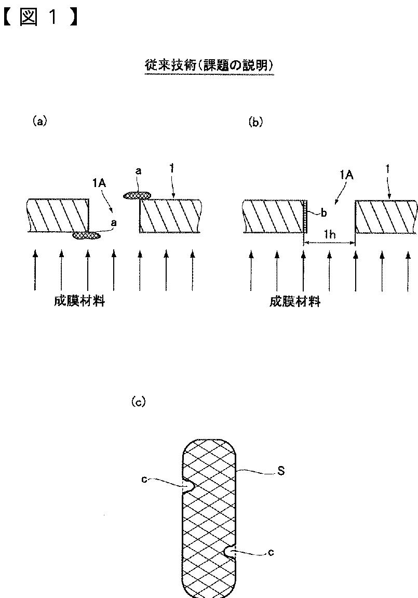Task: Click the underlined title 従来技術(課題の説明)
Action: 209,65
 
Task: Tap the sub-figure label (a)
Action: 39,121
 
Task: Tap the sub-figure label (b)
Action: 255,123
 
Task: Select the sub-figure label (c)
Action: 138,402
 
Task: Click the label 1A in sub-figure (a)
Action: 99,183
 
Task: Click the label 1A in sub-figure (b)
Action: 347,175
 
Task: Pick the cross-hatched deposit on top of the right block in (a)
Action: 137,195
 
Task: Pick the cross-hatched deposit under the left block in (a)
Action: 87,236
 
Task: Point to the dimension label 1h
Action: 330,234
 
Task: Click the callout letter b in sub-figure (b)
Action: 324,213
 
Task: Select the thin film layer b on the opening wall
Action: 305,216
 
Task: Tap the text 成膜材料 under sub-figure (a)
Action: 79,301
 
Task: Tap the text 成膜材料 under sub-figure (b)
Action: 295,302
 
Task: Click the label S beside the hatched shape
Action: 281,471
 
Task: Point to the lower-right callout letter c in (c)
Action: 271,552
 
